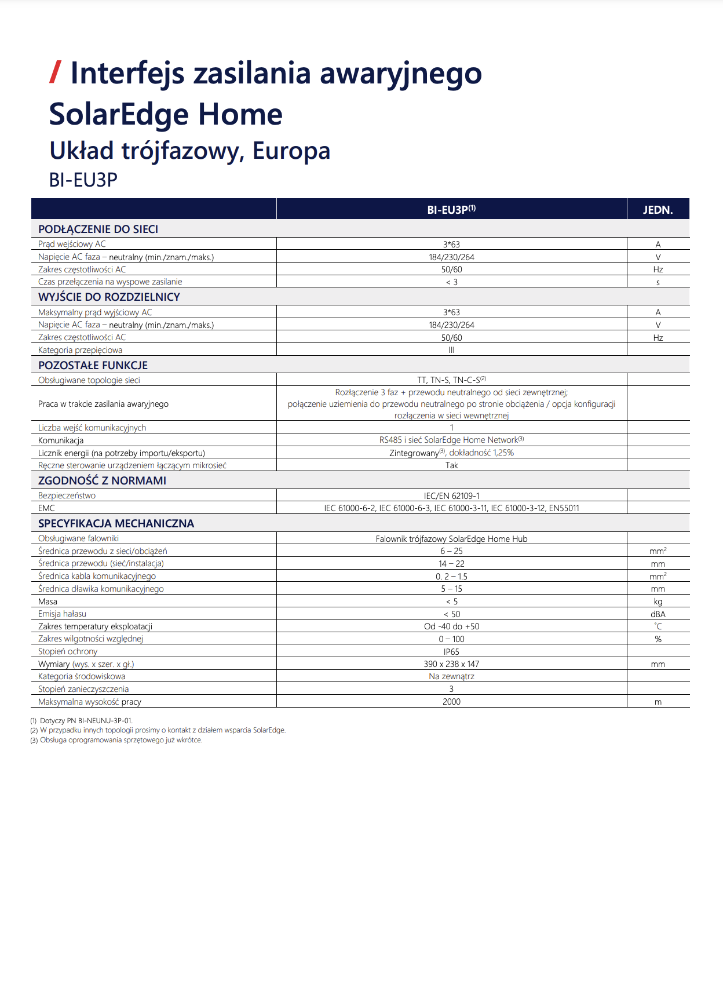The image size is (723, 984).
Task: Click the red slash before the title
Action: click(x=56, y=72)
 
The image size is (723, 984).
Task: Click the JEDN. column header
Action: click(x=658, y=210)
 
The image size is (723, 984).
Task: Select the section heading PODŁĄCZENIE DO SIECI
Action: click(x=98, y=229)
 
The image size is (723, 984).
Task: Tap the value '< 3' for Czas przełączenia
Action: click(x=451, y=282)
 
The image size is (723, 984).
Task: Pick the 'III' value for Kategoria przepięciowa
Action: click(x=451, y=350)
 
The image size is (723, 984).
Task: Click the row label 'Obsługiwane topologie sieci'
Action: click(x=89, y=380)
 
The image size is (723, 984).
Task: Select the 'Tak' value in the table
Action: click(x=451, y=465)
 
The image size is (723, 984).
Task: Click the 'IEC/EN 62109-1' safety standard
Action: click(x=451, y=496)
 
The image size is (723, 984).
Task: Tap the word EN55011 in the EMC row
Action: click(x=564, y=508)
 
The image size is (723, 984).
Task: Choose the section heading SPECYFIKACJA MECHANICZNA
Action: click(x=116, y=523)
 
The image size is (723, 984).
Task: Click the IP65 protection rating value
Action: click(x=451, y=652)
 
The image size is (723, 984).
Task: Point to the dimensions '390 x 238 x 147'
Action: click(x=451, y=664)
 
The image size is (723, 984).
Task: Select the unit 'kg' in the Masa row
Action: click(x=658, y=602)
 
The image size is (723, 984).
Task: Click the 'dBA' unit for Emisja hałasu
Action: click(x=658, y=614)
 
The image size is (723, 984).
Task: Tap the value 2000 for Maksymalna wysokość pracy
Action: click(x=451, y=702)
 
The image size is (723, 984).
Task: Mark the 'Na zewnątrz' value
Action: click(x=451, y=676)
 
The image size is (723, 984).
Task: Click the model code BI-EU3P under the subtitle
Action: click(x=83, y=180)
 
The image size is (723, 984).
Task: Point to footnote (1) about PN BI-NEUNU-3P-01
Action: click(x=81, y=721)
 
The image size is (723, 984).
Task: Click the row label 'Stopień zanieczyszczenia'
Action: click(x=83, y=689)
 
